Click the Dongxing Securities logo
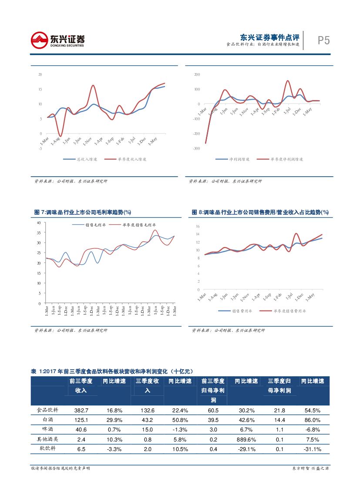(x=57, y=40)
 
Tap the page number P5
(x=323, y=40)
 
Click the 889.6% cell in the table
(x=246, y=439)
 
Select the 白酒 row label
(x=50, y=420)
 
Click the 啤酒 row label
(x=50, y=430)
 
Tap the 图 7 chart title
(x=83, y=212)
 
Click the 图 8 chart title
(x=260, y=212)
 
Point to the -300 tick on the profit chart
(x=196, y=148)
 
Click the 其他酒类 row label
(x=50, y=439)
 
